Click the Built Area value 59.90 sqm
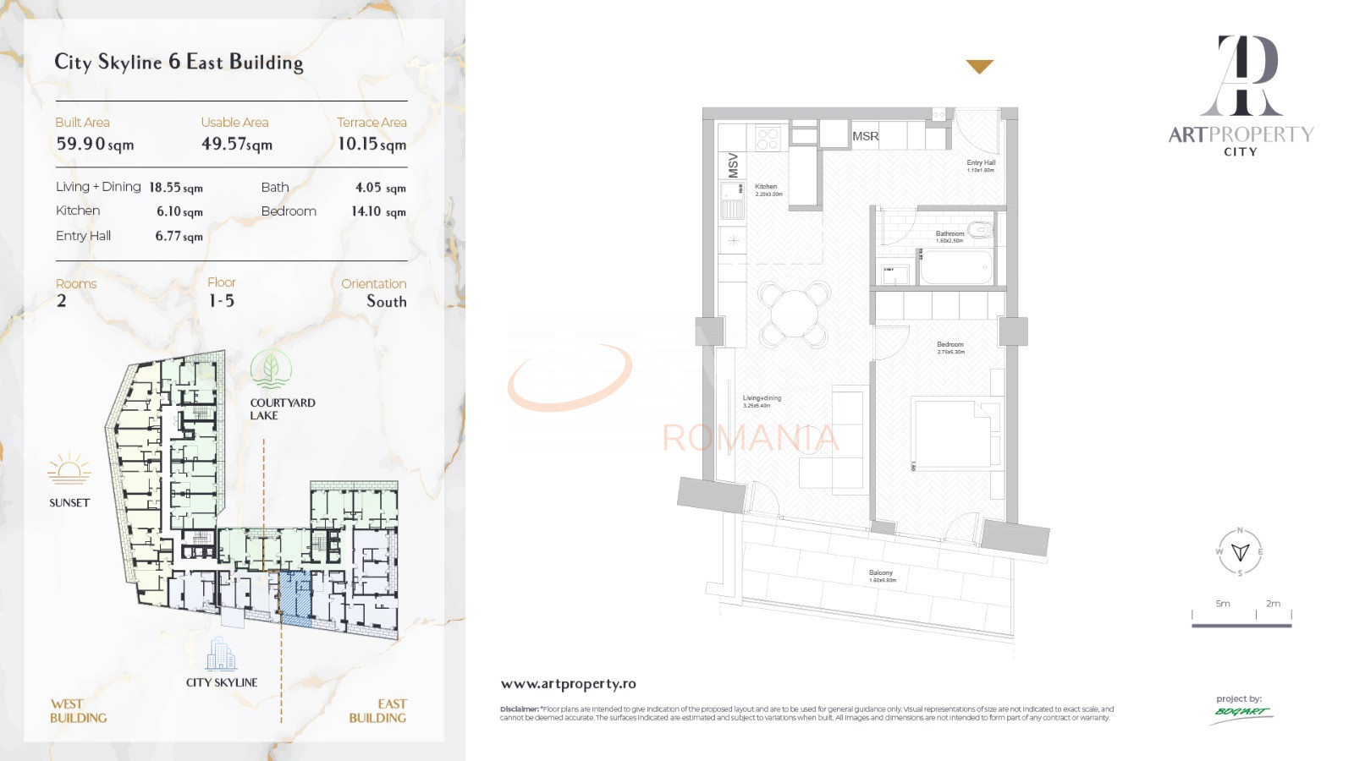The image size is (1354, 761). click(95, 145)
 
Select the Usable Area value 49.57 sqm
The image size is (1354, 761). click(236, 145)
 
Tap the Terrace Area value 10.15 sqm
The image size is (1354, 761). click(372, 145)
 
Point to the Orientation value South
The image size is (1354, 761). click(386, 302)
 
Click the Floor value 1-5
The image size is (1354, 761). click(221, 301)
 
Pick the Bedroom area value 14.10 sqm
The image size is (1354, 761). click(378, 211)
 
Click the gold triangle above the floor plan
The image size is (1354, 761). click(979, 66)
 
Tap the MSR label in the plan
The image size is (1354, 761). click(865, 136)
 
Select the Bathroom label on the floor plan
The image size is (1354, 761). click(949, 234)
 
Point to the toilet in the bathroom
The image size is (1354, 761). click(981, 229)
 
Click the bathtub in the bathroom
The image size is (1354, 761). click(955, 267)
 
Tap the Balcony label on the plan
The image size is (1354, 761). click(880, 573)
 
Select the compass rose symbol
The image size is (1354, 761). click(1240, 552)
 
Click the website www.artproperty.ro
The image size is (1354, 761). click(568, 684)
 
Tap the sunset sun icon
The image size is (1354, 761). click(69, 469)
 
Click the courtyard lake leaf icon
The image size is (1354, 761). click(271, 370)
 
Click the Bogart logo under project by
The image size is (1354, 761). click(1241, 712)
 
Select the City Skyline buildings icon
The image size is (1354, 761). click(221, 654)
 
